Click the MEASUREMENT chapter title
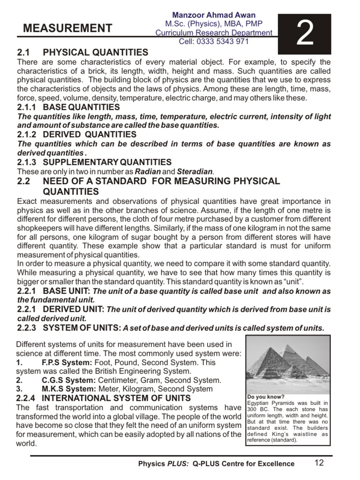[68, 29]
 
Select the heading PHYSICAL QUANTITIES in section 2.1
[96, 52]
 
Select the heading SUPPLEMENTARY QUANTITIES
[107, 162]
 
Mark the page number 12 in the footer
[319, 463]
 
